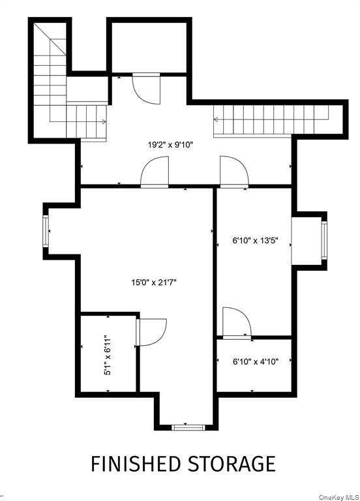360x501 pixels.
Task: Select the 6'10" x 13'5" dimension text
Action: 255,239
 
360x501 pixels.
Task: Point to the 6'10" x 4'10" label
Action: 255,361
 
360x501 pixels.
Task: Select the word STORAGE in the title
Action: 232,464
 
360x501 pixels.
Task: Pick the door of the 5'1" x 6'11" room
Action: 152,332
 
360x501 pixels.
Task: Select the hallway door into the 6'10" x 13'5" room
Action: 233,172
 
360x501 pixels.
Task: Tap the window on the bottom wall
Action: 188,427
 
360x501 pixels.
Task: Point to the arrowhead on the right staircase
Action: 216,119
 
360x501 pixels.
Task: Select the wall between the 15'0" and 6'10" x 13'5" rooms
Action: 215,261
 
